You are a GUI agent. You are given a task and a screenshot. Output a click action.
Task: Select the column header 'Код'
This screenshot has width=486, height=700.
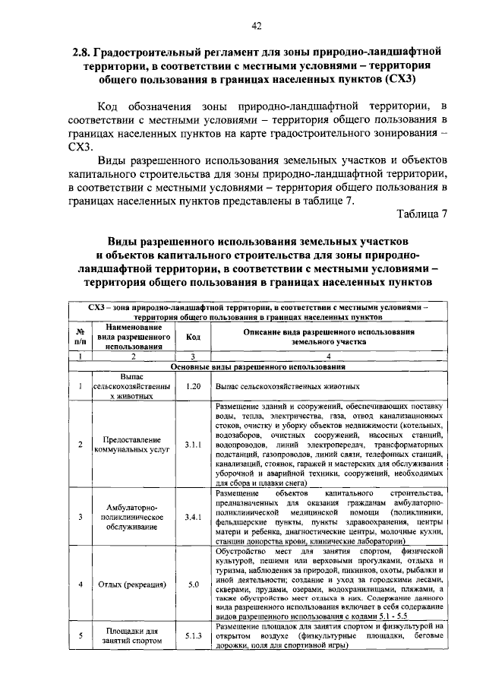pos(192,337)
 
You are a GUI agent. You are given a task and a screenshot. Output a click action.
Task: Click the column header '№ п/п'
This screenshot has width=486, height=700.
pos(80,337)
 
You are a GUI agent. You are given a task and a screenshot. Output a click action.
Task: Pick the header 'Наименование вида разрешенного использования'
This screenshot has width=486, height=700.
pos(132,337)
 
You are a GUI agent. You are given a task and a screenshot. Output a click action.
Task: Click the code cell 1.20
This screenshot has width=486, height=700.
pos(192,386)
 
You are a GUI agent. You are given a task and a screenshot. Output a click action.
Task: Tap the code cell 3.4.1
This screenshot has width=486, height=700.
pos(192,517)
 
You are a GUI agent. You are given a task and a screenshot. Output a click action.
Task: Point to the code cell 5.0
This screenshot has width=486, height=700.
pos(192,584)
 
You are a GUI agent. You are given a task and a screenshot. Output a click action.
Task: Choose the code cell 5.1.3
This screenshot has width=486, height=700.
pos(192,635)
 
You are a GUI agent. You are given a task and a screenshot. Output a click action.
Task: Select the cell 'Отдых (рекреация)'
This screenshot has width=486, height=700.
pos(132,584)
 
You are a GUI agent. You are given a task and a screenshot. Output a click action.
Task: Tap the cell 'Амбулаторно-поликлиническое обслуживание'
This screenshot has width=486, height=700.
pos(132,517)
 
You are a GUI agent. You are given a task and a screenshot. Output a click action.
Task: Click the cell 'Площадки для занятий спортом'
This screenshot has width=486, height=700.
pos(132,635)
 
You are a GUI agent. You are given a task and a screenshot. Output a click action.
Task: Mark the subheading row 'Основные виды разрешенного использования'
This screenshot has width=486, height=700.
pos(257,366)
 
